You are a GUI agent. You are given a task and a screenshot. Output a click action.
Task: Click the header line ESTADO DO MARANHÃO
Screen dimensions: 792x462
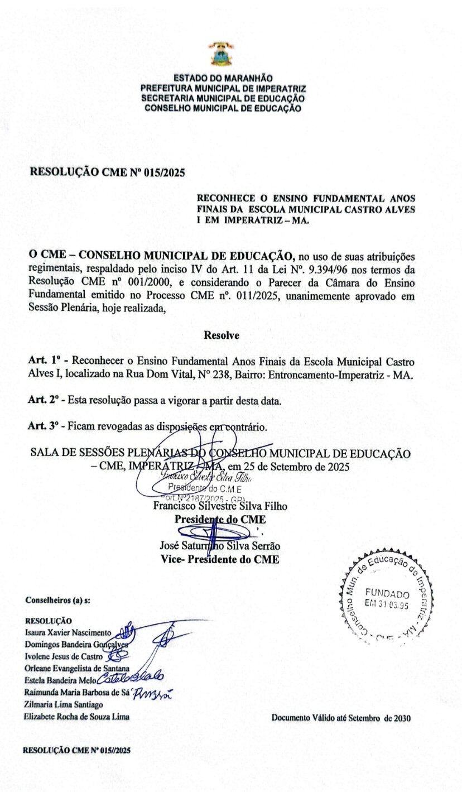(x=223, y=79)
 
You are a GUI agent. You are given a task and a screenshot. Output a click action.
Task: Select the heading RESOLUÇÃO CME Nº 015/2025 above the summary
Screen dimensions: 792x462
(x=108, y=172)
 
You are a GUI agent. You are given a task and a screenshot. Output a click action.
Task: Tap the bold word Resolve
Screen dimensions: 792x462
(x=222, y=335)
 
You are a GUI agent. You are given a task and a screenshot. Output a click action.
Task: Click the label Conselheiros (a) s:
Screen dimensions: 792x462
(x=58, y=601)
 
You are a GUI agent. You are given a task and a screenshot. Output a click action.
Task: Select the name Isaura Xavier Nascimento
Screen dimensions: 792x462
(x=69, y=633)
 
